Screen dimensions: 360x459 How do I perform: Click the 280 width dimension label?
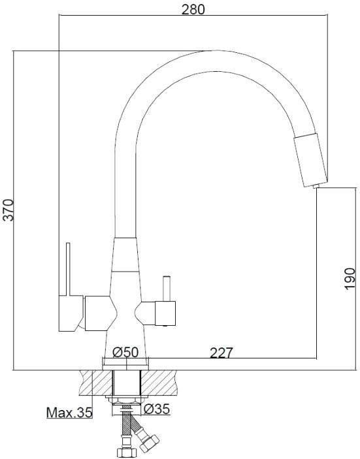pos(193,9)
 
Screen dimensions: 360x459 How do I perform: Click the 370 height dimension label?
pos(8,210)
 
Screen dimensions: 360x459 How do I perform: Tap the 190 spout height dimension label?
pos(350,278)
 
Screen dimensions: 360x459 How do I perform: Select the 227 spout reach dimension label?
pos(221,353)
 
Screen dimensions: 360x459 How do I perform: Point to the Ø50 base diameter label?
pos(125,351)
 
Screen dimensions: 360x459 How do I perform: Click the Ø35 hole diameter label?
pos(157,409)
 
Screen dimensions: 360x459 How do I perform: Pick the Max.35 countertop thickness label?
pos(69,413)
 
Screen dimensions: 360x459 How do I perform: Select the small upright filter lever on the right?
pos(167,289)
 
